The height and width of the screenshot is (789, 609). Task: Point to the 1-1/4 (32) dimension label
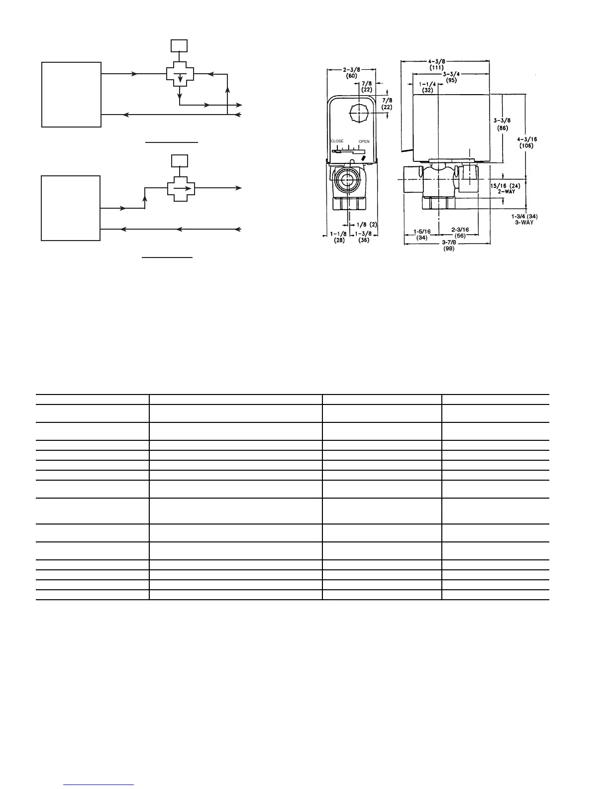coord(427,87)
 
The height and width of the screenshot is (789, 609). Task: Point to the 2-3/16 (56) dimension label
coord(461,233)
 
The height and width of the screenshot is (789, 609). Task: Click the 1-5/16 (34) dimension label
coord(422,235)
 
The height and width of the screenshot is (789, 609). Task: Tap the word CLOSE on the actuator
coord(337,141)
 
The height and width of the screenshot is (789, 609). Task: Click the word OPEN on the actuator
coord(364,142)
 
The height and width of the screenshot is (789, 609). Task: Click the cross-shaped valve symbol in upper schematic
coord(180,74)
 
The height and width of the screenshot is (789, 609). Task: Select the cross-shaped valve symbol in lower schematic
coord(181,188)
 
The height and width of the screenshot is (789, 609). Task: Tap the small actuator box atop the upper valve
coord(179,45)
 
